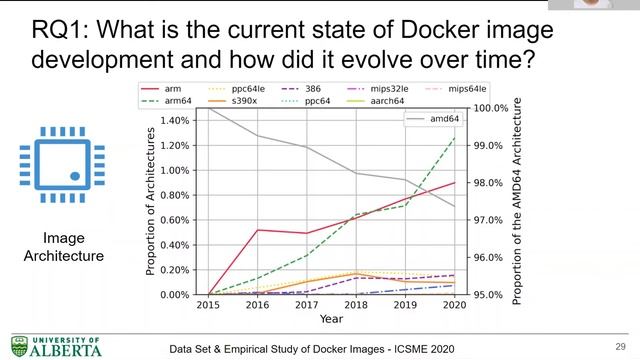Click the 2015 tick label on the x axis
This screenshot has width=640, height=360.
click(207, 303)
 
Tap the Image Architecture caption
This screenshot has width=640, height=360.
click(63, 248)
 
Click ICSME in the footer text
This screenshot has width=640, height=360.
click(376, 347)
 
